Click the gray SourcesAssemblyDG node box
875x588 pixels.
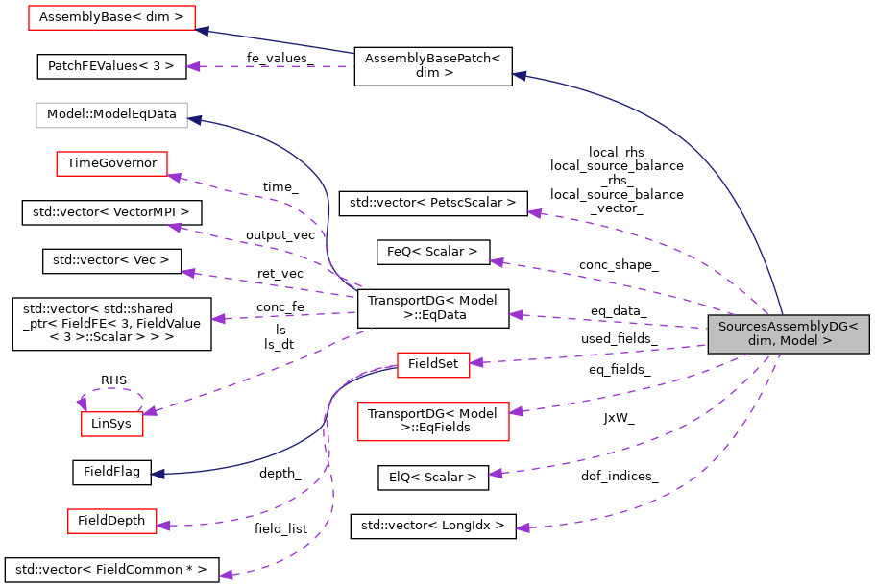tap(788, 333)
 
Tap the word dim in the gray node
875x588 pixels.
tap(760, 341)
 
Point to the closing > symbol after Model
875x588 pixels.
tap(827, 341)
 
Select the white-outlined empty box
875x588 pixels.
tap(111, 115)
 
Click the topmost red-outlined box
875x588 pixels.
tap(111, 17)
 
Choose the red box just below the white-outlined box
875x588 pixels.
tap(111, 163)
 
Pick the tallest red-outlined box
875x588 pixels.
tap(433, 422)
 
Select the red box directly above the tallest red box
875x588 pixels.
tap(433, 365)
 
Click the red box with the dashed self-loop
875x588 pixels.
tap(111, 424)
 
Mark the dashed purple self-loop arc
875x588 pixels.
tap(113, 389)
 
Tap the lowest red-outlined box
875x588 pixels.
tap(111, 521)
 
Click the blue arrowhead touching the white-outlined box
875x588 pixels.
tap(194, 120)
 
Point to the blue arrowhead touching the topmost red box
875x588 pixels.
tap(202, 31)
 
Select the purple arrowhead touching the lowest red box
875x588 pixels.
tap(163, 526)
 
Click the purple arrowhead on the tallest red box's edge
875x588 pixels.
tap(516, 411)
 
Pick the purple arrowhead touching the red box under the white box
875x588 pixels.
tap(174, 177)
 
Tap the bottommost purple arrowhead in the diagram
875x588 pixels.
tap(226, 575)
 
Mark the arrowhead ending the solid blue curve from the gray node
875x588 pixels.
tap(519, 75)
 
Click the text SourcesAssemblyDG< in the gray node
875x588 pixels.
tap(788, 327)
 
